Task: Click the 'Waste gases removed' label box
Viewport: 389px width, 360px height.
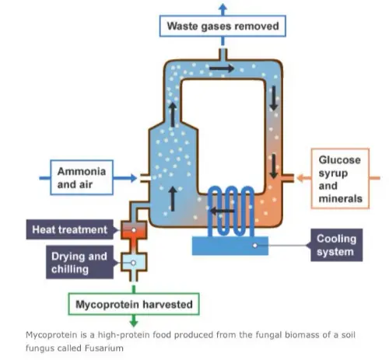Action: (222, 26)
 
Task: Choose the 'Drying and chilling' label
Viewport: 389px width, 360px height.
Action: (79, 263)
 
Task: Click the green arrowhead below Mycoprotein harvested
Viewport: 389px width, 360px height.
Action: (132, 320)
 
